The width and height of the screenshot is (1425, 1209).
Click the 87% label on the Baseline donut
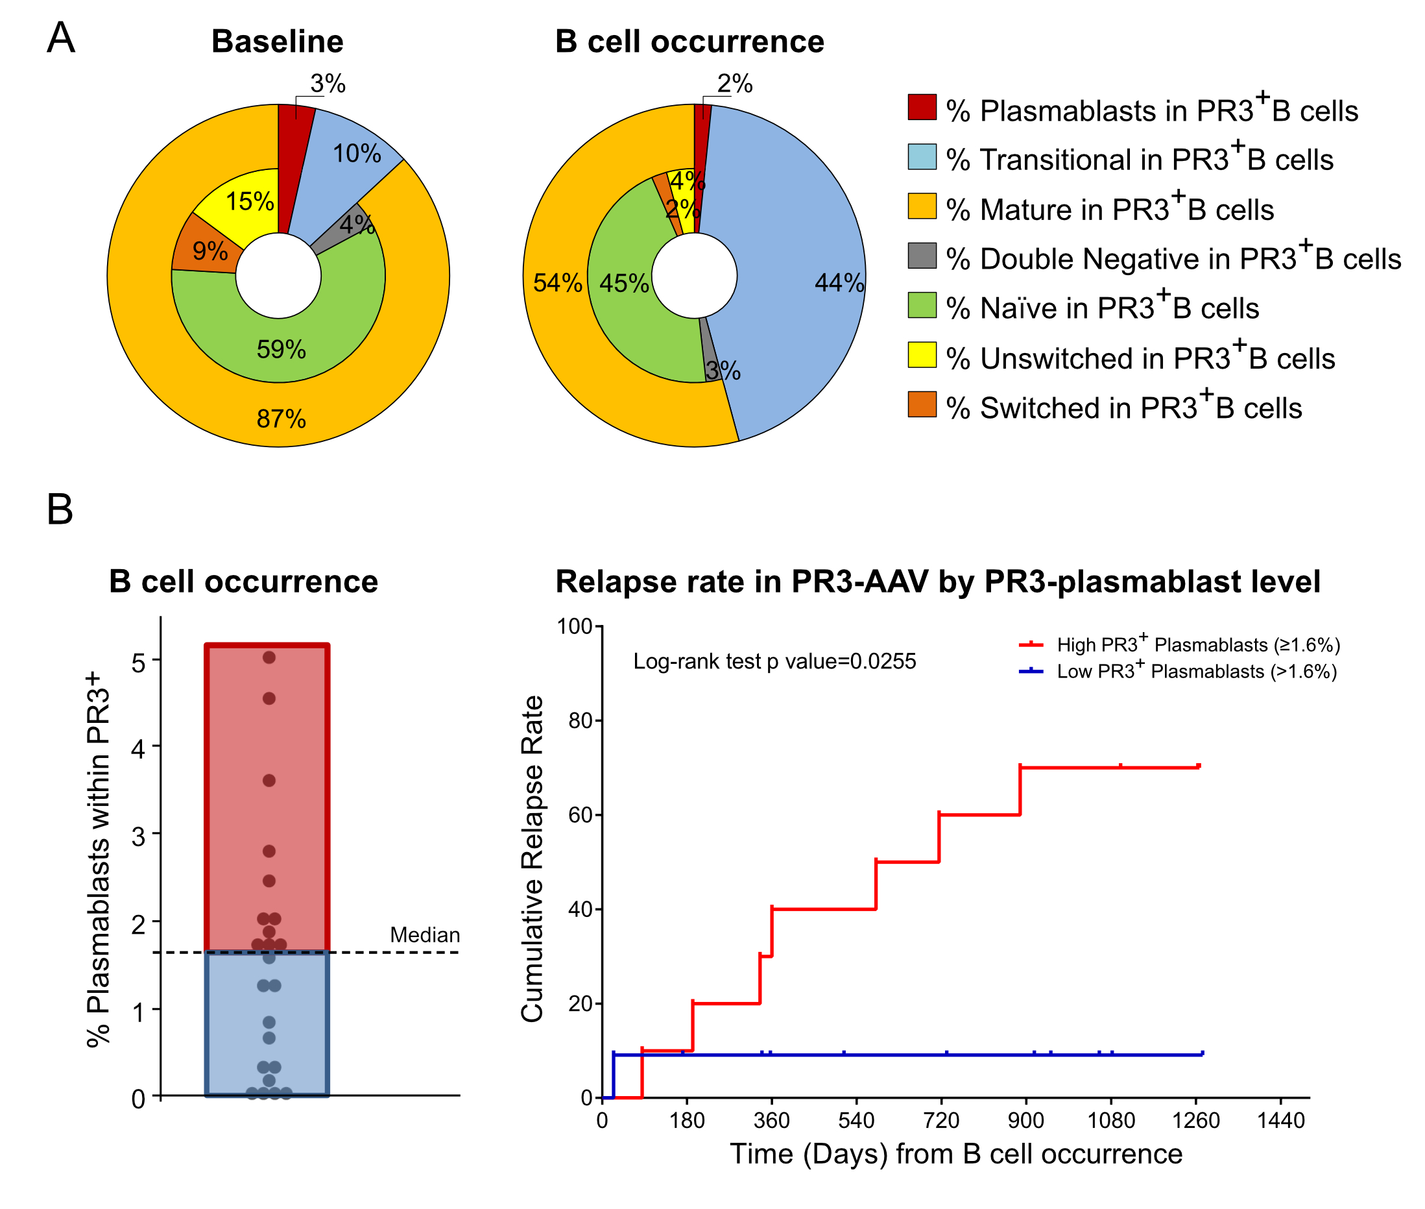[x=281, y=419]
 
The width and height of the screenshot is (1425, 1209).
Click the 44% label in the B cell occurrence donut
[x=839, y=282]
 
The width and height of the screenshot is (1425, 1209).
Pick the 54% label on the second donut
[x=558, y=282]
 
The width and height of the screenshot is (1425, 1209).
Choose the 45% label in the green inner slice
[x=624, y=283]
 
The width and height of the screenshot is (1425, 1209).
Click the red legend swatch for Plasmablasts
[x=922, y=108]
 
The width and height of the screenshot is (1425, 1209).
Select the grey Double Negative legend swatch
[x=922, y=256]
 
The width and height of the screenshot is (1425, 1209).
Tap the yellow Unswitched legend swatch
[x=922, y=354]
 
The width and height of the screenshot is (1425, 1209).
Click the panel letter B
[x=60, y=510]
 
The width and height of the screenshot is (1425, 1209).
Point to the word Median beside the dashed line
[x=425, y=935]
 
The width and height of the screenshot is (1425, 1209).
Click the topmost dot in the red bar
[x=269, y=657]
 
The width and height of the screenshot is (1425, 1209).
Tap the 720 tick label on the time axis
[x=940, y=1121]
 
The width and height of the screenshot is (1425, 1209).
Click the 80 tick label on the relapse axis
[x=580, y=721]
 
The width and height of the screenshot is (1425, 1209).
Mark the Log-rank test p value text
[x=774, y=661]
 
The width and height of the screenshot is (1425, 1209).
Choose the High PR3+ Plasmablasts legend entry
[x=1179, y=645]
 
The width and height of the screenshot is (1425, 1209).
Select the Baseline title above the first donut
[x=278, y=42]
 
